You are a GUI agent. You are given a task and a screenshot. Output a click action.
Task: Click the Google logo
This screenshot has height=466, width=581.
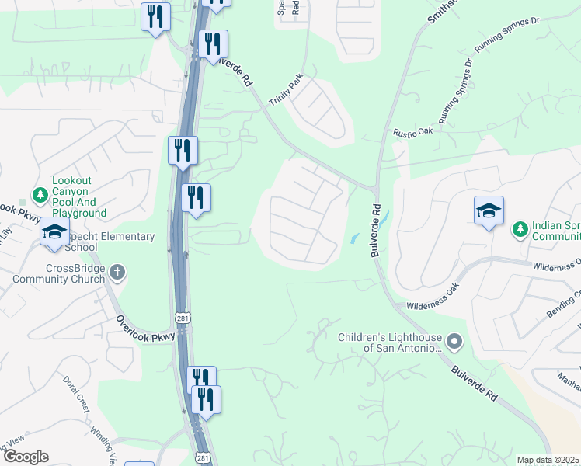25,457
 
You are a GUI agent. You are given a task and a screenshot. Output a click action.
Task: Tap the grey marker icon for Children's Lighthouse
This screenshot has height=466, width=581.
455,341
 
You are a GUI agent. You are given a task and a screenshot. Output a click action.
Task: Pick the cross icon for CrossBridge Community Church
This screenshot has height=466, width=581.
117,273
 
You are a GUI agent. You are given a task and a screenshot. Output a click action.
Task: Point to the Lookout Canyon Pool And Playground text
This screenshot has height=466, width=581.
78,196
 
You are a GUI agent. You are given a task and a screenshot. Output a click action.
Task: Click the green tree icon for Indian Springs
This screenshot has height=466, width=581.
519,228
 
